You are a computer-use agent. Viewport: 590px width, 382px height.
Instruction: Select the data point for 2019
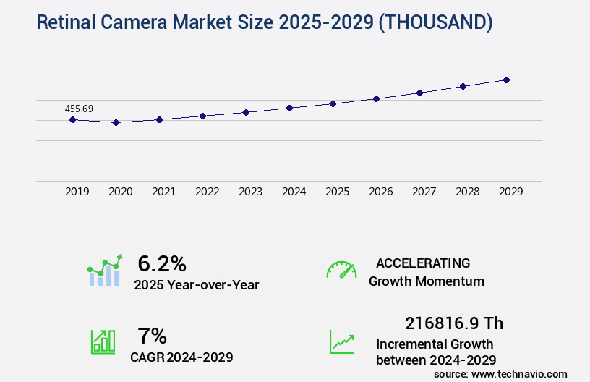coord(72,119)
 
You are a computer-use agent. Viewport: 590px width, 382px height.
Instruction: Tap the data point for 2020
coord(116,123)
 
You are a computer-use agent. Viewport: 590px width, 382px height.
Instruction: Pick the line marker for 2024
coord(289,108)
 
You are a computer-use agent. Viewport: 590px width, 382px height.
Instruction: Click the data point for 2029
coord(506,80)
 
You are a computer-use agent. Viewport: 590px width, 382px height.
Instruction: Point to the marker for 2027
coord(419,93)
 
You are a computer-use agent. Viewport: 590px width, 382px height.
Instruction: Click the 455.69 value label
coord(79,109)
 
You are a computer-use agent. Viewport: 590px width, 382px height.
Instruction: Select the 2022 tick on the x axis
coord(207,192)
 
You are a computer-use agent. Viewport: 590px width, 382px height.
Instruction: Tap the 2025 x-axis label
coord(337,192)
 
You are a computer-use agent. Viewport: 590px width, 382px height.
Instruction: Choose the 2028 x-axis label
coord(467,192)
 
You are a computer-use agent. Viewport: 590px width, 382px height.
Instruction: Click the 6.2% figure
coord(162,263)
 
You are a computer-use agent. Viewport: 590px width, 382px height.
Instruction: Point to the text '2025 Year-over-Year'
coord(196,285)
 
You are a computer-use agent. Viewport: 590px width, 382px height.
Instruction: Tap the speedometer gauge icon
coord(341,270)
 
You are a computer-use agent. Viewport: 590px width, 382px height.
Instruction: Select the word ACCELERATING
coord(423,263)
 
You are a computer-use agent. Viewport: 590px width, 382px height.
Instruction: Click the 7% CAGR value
coord(152,336)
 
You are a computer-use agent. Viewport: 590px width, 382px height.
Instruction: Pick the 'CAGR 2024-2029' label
coord(181,357)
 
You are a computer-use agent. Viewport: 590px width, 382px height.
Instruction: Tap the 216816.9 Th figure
coord(454,323)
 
